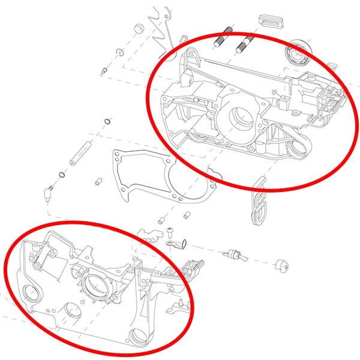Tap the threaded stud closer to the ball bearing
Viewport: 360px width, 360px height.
coord(244,43)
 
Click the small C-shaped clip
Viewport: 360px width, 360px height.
coord(119,53)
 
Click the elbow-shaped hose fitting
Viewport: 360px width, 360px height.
coord(47,193)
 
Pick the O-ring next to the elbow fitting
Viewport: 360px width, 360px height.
coord(62,175)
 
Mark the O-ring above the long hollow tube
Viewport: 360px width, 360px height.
coord(106,122)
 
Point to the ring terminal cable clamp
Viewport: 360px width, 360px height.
coord(174,244)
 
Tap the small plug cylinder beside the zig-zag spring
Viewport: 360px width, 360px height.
coord(137,29)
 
